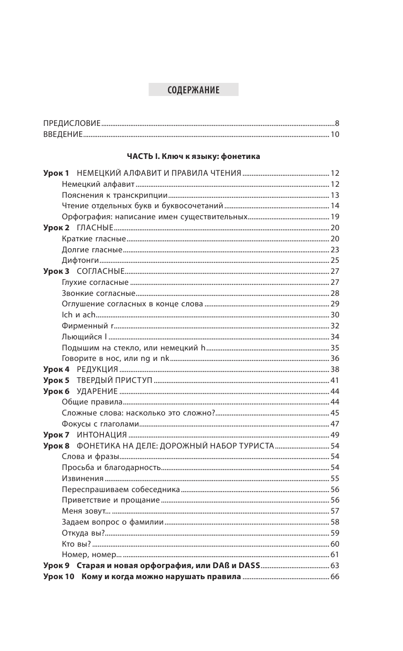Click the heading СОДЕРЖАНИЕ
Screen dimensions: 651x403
click(193, 90)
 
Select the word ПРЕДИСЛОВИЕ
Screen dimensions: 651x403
click(72, 124)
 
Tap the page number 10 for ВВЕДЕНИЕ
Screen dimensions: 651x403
click(335, 135)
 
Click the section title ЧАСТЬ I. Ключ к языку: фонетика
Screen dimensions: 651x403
click(193, 156)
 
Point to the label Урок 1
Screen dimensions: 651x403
click(56, 173)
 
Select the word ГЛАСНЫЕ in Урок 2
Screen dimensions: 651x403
click(95, 228)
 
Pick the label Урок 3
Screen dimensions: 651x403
click(56, 271)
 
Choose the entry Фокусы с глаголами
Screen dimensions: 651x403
click(100, 424)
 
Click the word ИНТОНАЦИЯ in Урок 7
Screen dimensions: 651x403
click(102, 435)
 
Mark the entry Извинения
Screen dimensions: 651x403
click(82, 478)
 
